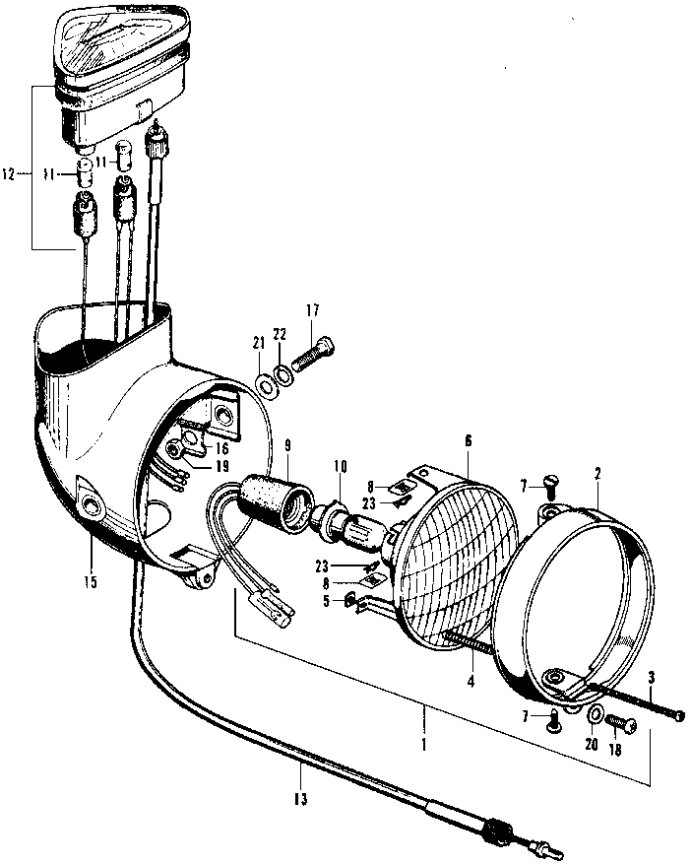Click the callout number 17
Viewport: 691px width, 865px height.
[x=312, y=310]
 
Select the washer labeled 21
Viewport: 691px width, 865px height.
[x=268, y=386]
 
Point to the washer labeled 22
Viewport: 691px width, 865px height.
[x=284, y=375]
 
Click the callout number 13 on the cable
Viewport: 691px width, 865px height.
[x=300, y=799]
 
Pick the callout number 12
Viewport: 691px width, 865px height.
[x=10, y=176]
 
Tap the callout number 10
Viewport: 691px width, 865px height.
[x=340, y=467]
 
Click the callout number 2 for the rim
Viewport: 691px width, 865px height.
[x=597, y=474]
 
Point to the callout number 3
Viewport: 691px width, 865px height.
[x=652, y=679]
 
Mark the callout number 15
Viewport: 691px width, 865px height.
[x=91, y=581]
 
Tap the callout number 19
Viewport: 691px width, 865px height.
[x=221, y=467]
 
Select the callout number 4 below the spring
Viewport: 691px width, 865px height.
[x=471, y=682]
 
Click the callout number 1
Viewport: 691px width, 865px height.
[x=423, y=745]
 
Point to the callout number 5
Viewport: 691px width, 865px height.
[x=326, y=601]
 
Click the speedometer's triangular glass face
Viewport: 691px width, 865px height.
[x=120, y=38]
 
